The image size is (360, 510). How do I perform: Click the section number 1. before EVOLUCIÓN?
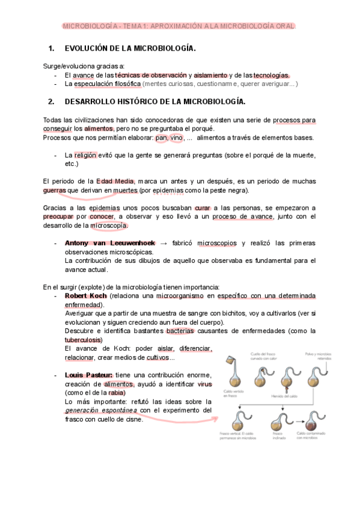tap(51, 48)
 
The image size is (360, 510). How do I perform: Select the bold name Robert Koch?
tap(85, 296)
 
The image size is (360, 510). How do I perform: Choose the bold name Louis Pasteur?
tap(88, 375)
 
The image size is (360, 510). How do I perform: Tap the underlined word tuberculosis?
tap(84, 340)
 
